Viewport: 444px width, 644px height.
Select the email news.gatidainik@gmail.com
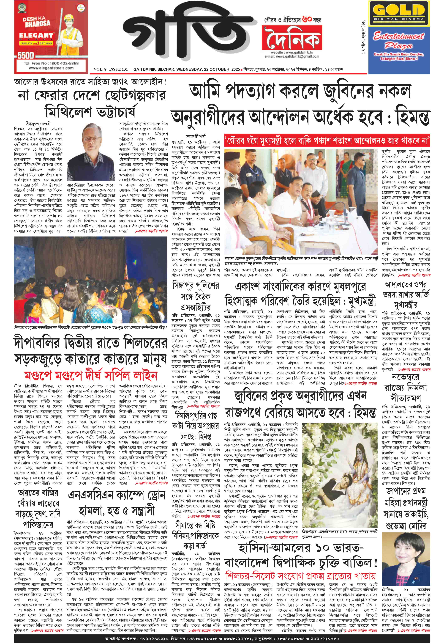click(x=291, y=57)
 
